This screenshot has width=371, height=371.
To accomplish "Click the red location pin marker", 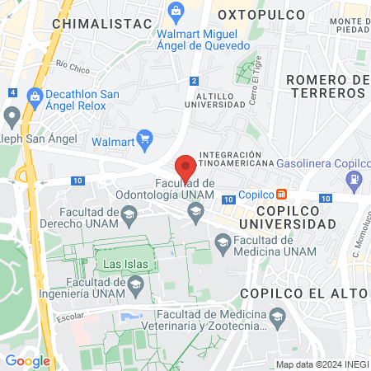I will (x=185, y=167).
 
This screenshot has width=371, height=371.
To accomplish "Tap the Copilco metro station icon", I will (x=282, y=195).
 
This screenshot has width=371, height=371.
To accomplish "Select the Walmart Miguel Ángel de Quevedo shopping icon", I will (x=175, y=12).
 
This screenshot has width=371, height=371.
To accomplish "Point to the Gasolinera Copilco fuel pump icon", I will (x=353, y=178).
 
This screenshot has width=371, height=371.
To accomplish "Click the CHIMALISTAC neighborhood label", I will (x=92, y=24).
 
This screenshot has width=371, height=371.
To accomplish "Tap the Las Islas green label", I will (x=122, y=265).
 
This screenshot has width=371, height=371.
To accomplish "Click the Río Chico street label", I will (x=73, y=63).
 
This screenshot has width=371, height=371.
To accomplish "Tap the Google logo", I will (x=28, y=360).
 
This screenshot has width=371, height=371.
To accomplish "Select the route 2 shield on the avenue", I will (x=194, y=81).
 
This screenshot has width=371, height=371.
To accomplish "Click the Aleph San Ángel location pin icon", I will (x=12, y=115).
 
